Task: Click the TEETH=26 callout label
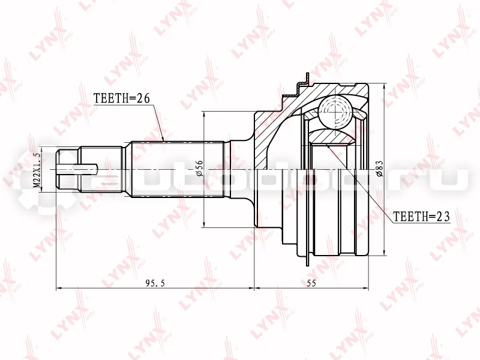coord(122,98)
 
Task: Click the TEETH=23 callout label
coord(421,217)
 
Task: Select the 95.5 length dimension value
coord(155,283)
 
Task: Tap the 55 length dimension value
coord(311,283)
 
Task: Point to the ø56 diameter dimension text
coord(199,168)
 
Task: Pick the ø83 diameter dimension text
coord(379,169)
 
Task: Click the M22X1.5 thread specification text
coord(37,170)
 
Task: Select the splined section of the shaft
coord(178,170)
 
